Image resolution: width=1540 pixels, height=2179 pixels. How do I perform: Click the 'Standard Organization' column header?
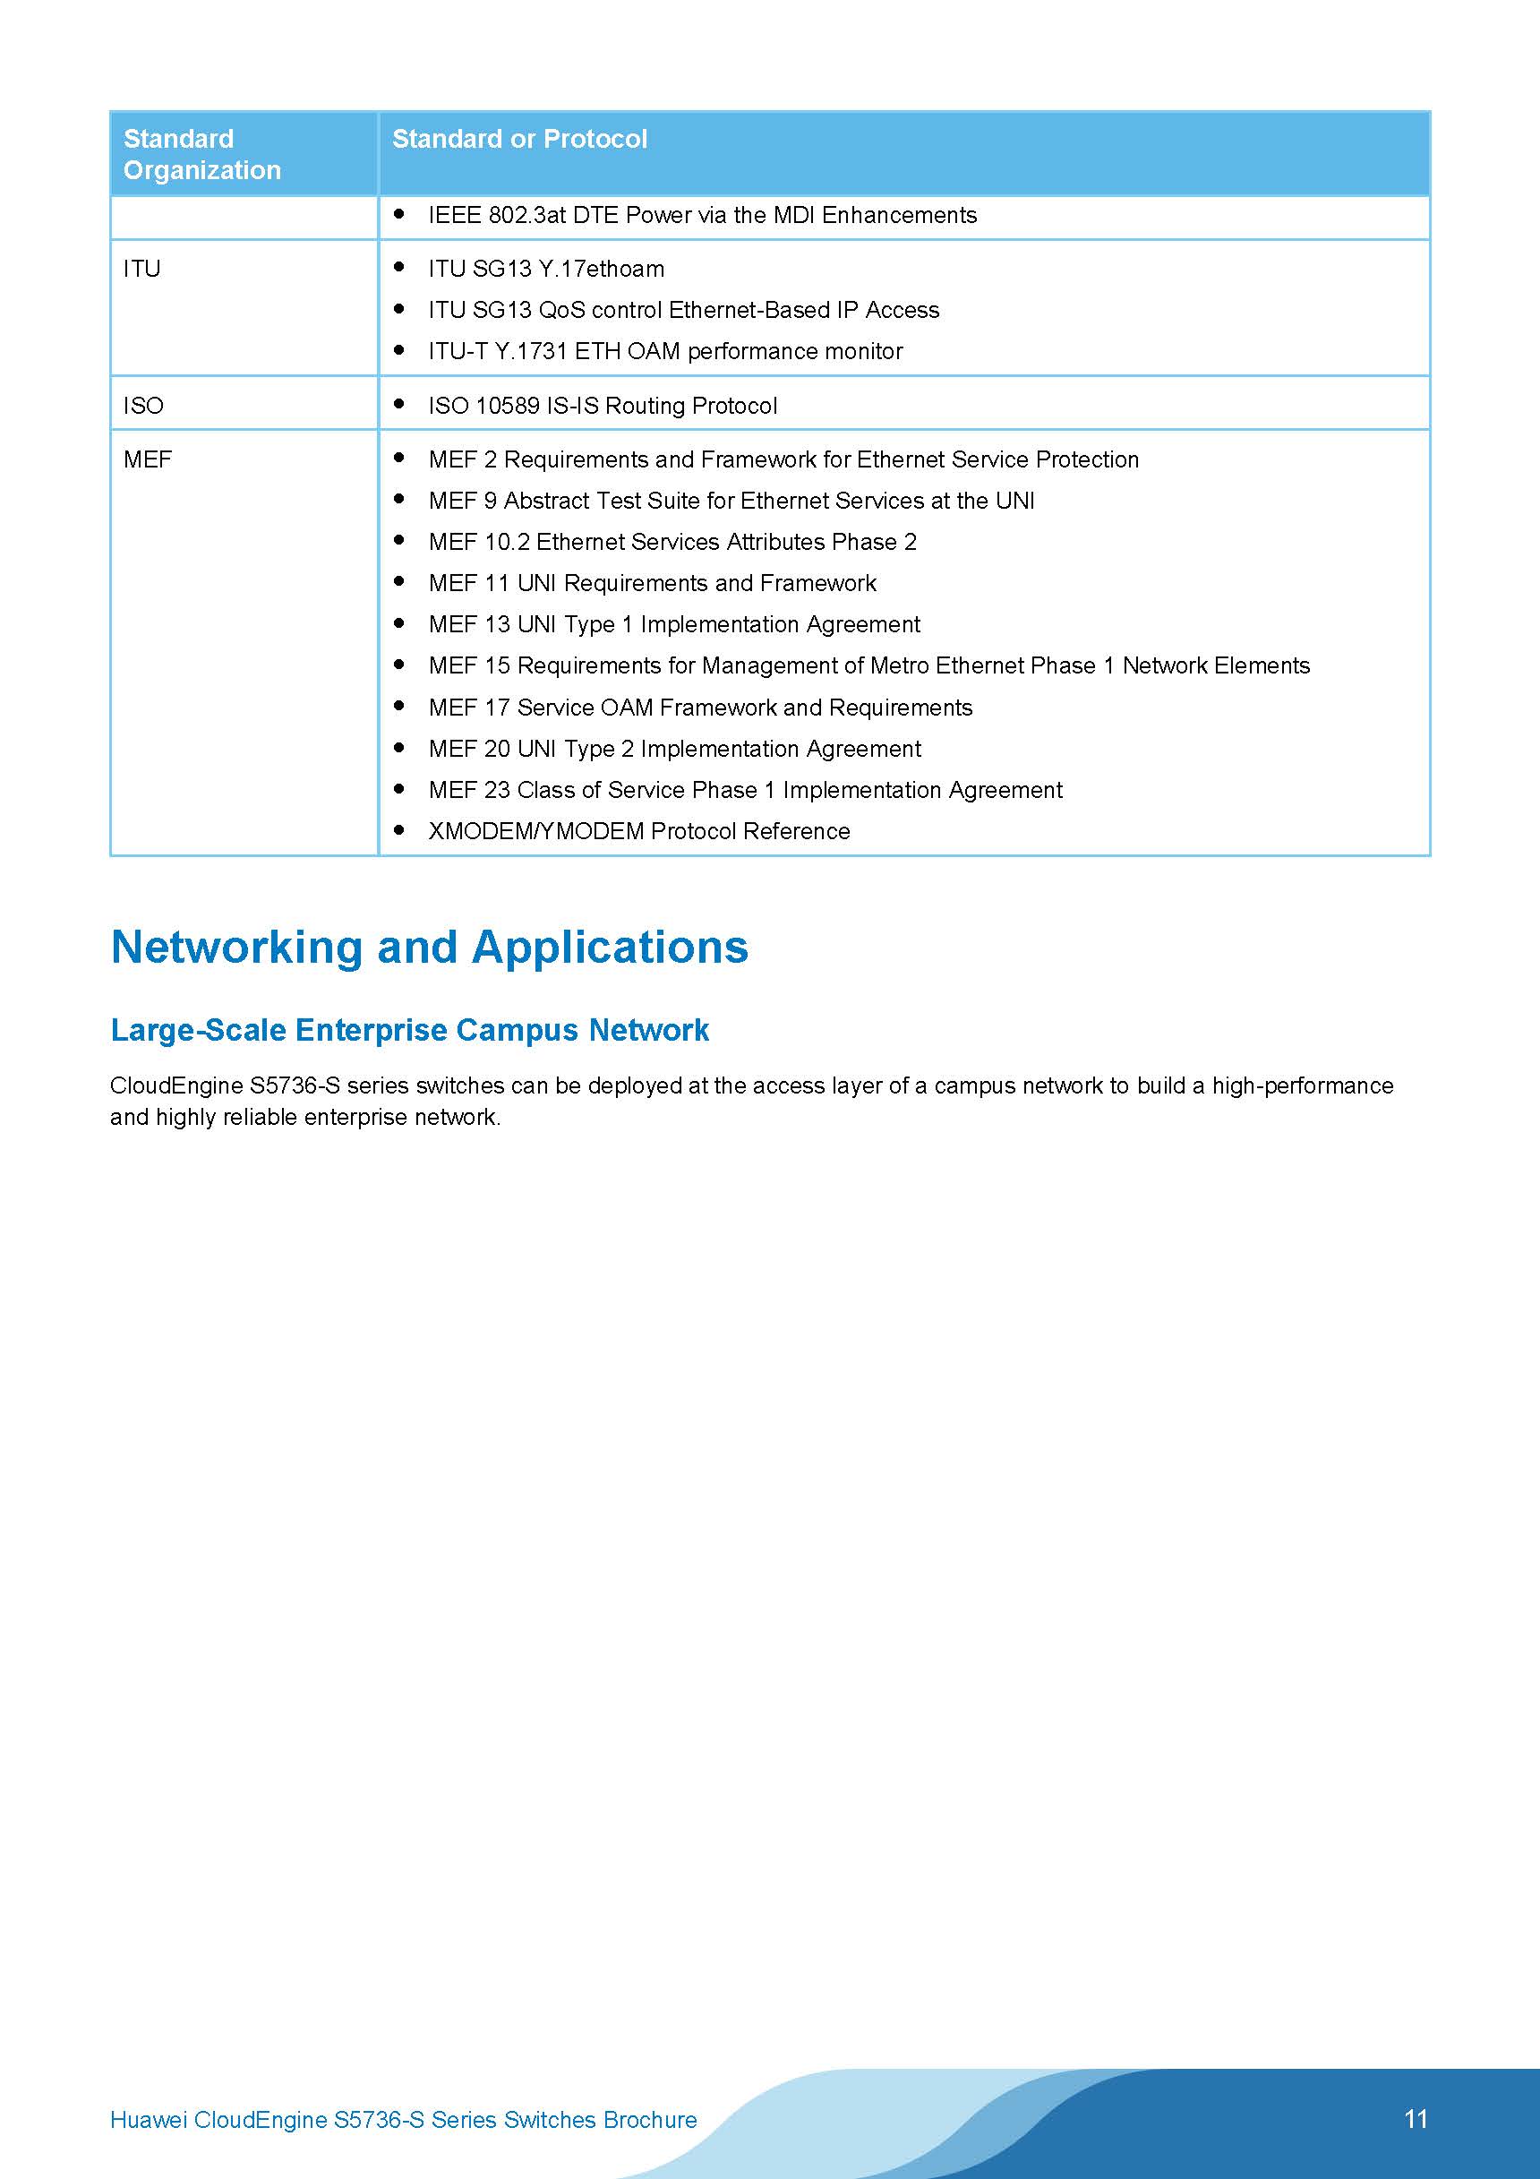(202, 154)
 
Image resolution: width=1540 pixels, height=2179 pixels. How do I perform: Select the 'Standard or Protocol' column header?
(519, 139)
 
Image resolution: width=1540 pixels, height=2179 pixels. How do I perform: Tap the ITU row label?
(141, 269)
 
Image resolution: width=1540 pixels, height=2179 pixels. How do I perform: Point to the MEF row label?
(147, 459)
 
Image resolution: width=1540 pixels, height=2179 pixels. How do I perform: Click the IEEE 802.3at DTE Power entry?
(702, 216)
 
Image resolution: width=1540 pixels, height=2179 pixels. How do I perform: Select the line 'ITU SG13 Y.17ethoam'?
(545, 269)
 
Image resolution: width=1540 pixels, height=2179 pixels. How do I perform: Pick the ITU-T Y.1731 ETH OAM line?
(665, 351)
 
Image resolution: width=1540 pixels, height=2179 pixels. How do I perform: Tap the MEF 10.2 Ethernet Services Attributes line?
(672, 542)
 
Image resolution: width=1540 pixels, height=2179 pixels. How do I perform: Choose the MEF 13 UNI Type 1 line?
(673, 624)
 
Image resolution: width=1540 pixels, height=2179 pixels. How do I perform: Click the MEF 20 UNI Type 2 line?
(673, 749)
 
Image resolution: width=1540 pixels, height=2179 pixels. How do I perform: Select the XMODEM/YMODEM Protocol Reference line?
(638, 831)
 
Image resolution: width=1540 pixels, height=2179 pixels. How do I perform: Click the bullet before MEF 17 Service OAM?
(399, 706)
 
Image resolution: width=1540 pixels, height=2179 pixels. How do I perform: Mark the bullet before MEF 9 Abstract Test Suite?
(399, 499)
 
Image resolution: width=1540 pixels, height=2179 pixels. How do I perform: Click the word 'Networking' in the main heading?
(236, 948)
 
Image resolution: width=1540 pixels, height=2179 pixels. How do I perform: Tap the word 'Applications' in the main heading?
(609, 948)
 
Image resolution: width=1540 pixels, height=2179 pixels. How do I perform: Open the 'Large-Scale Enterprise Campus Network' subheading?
(409, 1030)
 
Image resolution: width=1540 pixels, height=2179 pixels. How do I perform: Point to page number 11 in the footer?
(1415, 2119)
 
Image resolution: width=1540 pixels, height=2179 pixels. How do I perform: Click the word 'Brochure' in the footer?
(650, 2120)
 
